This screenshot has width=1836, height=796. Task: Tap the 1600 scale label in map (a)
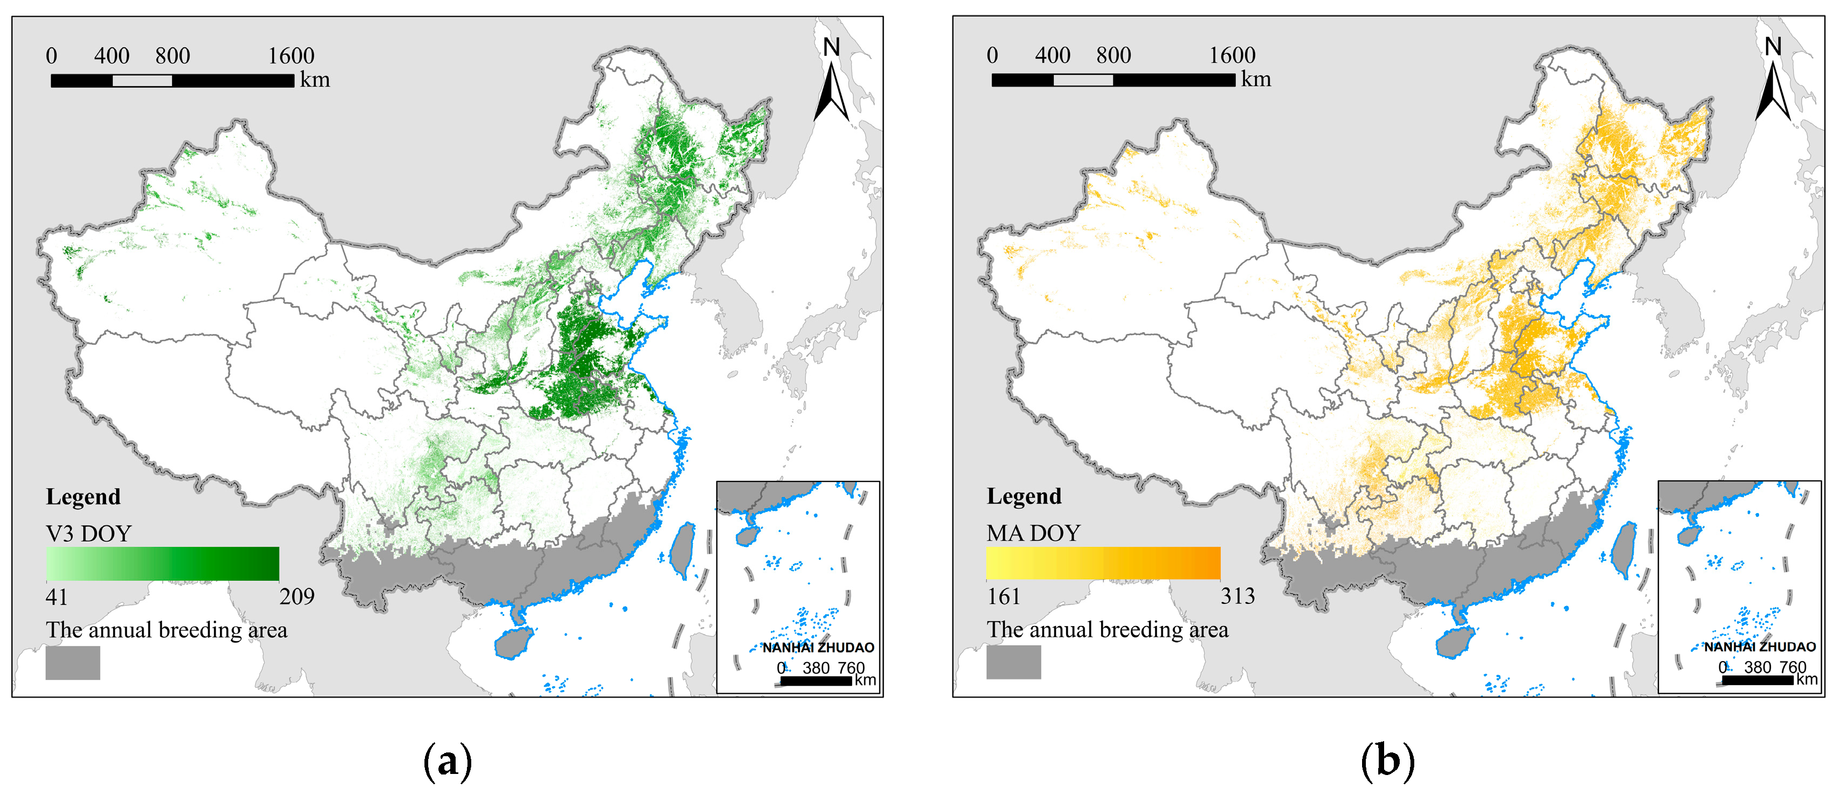pyautogui.click(x=291, y=55)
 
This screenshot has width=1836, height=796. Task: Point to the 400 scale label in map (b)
pyautogui.click(x=1052, y=55)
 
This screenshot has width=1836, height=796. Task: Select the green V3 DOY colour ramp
pyautogui.click(x=162, y=564)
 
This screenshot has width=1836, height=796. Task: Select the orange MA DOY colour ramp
pyautogui.click(x=1103, y=563)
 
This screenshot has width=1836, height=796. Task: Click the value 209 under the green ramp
pyautogui.click(x=296, y=596)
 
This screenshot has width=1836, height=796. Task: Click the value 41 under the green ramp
pyautogui.click(x=56, y=596)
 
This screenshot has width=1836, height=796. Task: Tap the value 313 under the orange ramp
pyautogui.click(x=1237, y=596)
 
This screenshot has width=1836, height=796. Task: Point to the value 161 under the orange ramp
pyautogui.click(x=1003, y=596)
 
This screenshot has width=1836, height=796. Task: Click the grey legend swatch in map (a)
pyautogui.click(x=73, y=663)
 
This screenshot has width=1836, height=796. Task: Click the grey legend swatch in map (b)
pyautogui.click(x=1013, y=662)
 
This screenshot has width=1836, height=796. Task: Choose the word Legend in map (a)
pyautogui.click(x=83, y=497)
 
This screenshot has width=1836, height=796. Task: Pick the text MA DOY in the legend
pyautogui.click(x=1033, y=533)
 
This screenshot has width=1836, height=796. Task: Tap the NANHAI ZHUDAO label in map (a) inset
pyautogui.click(x=818, y=647)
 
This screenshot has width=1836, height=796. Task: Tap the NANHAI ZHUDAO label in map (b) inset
pyautogui.click(x=1759, y=646)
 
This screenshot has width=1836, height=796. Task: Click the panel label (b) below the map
pyautogui.click(x=1387, y=761)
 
